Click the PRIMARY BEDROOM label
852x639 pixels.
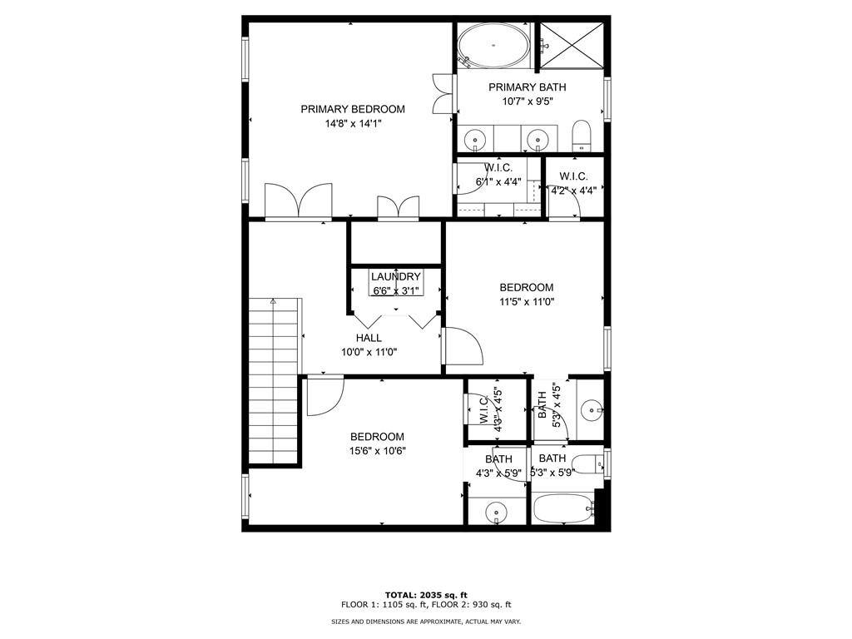pyautogui.click(x=353, y=109)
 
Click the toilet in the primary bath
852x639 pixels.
pyautogui.click(x=582, y=136)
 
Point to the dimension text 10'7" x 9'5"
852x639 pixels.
pyautogui.click(x=528, y=102)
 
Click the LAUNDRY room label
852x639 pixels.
pyautogui.click(x=396, y=277)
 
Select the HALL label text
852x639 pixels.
pyautogui.click(x=369, y=338)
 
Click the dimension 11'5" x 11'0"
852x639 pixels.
pyautogui.click(x=527, y=302)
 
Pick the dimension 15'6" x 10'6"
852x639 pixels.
pyautogui.click(x=377, y=451)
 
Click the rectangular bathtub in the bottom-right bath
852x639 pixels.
pyautogui.click(x=562, y=508)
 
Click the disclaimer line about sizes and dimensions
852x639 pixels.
pyautogui.click(x=425, y=622)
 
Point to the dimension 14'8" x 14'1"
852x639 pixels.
pyautogui.click(x=353, y=124)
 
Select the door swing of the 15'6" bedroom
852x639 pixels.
pyautogui.click(x=323, y=395)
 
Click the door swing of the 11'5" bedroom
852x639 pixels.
pyautogui.click(x=463, y=345)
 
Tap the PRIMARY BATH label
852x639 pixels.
pyautogui.click(x=528, y=87)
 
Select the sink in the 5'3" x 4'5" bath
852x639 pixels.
pyautogui.click(x=592, y=409)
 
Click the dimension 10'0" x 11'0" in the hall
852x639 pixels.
pyautogui.click(x=369, y=352)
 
